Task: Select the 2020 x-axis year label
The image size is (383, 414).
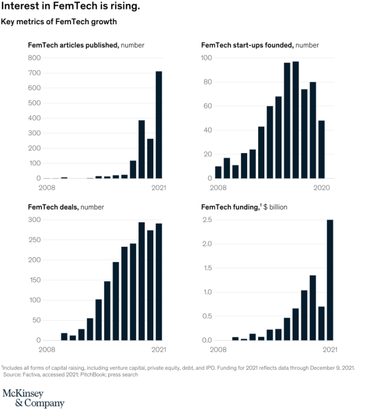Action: click(x=321, y=187)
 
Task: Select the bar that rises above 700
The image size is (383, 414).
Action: click(x=159, y=124)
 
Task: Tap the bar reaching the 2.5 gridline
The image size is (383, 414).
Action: click(x=330, y=280)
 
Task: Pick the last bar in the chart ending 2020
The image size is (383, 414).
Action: click(x=321, y=149)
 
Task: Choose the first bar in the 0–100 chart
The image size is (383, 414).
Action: click(x=218, y=172)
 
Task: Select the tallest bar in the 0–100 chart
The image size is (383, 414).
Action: click(x=296, y=120)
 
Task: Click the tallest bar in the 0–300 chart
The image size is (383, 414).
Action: click(x=141, y=281)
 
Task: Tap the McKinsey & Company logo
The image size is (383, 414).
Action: click(x=33, y=399)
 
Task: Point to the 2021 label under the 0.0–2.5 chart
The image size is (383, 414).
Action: click(x=329, y=349)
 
